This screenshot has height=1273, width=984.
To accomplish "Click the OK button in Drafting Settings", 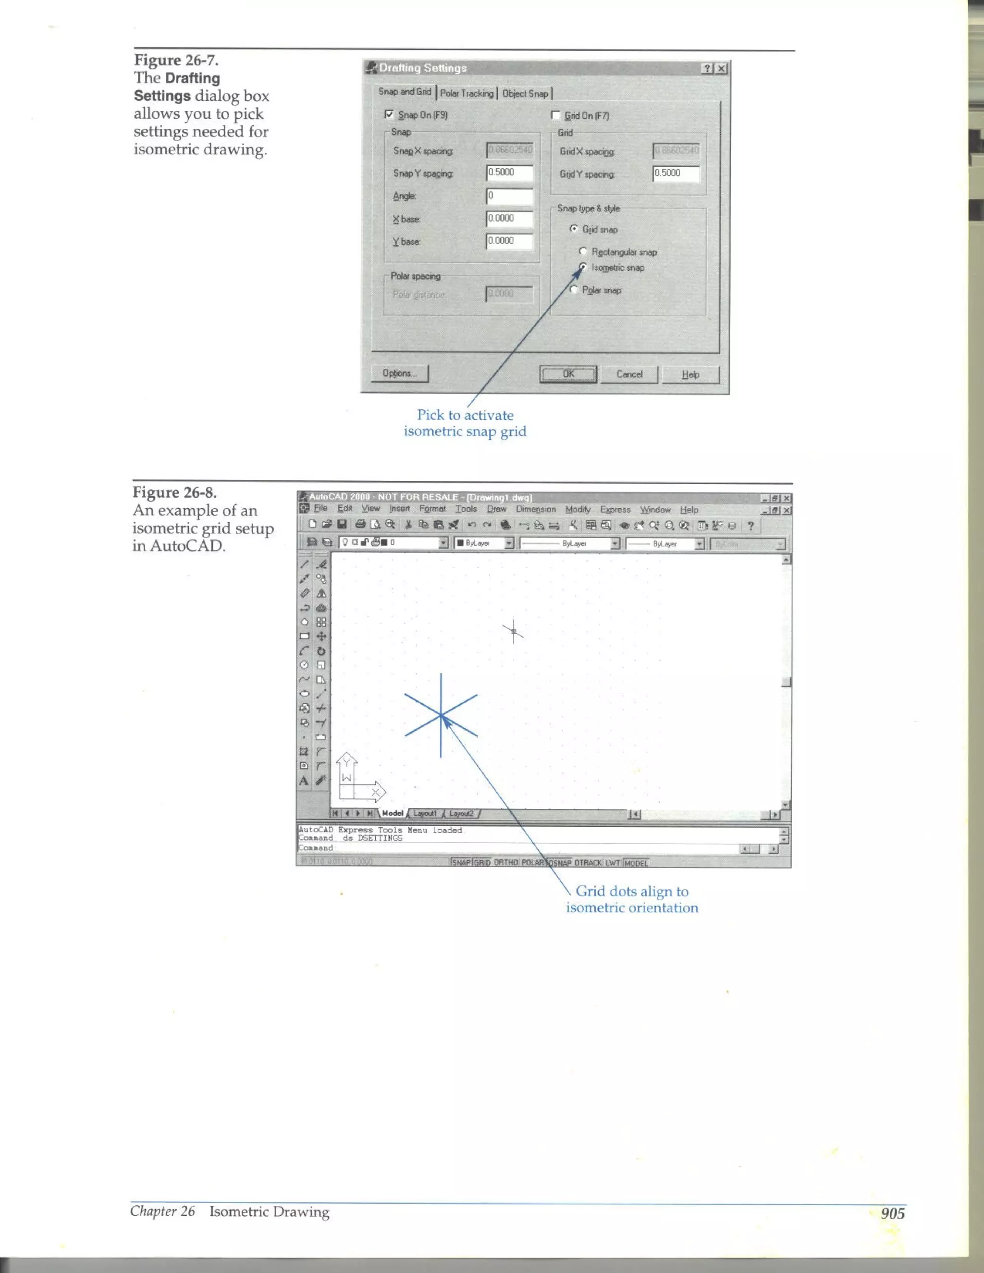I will (568, 374).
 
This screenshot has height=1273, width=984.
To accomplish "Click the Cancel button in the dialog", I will (629, 374).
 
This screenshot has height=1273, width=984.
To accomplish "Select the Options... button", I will (400, 373).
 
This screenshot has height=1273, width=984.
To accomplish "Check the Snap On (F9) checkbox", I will (389, 115).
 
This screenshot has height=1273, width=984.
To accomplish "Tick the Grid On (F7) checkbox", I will (555, 115).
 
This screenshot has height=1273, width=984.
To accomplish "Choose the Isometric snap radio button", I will (582, 268).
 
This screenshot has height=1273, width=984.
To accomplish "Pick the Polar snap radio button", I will (574, 290).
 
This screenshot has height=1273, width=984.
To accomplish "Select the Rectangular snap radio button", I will (582, 251).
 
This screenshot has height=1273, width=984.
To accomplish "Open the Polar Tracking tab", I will (467, 93).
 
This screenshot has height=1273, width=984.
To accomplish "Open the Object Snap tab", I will (525, 93).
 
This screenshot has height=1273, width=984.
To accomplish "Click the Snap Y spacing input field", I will (509, 172).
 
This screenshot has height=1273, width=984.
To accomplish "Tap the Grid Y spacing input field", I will (676, 173).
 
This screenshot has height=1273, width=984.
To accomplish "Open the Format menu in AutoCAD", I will (432, 509).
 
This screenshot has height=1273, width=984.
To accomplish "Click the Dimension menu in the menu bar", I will (535, 509).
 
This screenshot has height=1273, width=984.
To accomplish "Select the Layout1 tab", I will (424, 813).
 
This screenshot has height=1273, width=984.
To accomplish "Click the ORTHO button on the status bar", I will (505, 863).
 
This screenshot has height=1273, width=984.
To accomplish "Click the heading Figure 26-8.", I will (174, 492).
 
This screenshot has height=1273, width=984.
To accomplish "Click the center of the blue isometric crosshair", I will (441, 715).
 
